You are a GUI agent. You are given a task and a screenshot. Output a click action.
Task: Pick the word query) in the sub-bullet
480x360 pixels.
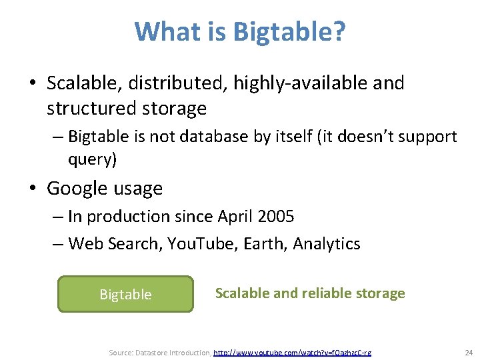pos(93,160)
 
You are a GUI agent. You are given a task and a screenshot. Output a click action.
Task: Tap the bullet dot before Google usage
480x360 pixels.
pos(32,189)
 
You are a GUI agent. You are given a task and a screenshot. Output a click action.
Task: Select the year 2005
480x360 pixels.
pos(275,217)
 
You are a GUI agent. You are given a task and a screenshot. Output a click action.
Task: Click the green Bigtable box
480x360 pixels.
pos(125,294)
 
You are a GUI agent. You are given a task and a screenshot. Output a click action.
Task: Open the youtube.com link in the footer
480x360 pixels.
pos(292,352)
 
